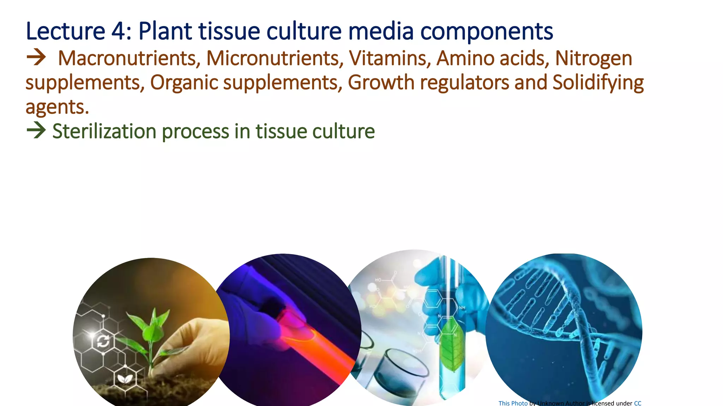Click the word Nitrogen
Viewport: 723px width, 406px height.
[x=593, y=59]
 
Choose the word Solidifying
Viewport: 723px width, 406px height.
[x=598, y=83]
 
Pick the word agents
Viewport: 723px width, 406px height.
[x=57, y=107]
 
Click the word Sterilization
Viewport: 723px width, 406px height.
[x=104, y=131]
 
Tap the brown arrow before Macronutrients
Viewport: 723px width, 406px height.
[x=36, y=57]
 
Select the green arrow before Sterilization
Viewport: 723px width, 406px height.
[x=36, y=130]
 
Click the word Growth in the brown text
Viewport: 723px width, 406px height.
[x=381, y=83]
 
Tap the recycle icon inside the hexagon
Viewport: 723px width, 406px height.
[x=103, y=341]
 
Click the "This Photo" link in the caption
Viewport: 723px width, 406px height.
[x=513, y=403]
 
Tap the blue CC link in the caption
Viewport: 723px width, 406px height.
[x=638, y=403]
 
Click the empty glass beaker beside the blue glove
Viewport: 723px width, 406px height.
[x=402, y=370]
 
